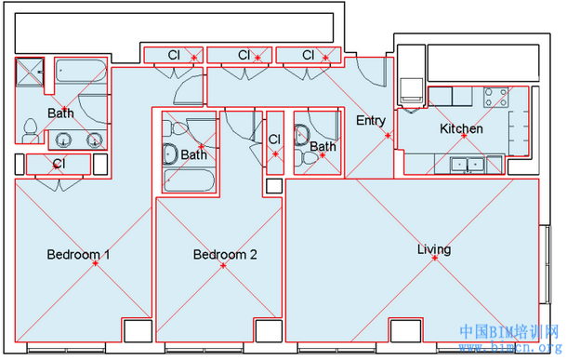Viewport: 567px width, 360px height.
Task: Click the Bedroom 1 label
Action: pos(78,254)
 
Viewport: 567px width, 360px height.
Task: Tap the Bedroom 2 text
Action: pos(225,254)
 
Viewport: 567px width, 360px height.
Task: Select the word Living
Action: pos(434,249)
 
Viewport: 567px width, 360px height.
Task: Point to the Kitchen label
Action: pos(461,128)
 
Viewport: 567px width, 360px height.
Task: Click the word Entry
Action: pos(371,121)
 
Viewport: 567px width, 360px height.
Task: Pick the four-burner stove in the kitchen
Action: pos(495,98)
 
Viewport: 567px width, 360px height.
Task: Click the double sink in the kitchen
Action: pos(468,165)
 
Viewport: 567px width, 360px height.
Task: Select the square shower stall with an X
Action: pos(30,73)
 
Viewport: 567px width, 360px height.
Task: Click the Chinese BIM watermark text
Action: pos(509,332)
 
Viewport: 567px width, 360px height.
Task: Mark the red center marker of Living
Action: pos(435,258)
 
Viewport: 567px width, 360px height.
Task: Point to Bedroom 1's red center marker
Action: pos(95,263)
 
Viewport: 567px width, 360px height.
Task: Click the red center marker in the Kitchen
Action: pos(464,136)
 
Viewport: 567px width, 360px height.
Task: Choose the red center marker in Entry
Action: pos(388,136)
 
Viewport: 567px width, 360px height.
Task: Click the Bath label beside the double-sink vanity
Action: pos(60,113)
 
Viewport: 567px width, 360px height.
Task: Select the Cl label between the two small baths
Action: pos(274,140)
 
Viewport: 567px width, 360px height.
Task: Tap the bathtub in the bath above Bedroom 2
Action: pos(189,180)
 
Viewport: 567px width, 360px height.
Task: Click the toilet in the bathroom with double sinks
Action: pos(30,131)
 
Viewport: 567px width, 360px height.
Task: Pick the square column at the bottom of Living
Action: pos(405,330)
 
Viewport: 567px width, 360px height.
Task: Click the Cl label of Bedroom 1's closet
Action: pos(59,164)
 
